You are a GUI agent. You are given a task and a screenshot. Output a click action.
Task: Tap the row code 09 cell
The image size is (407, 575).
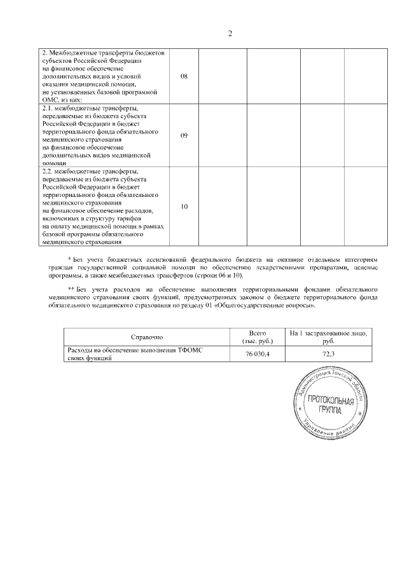point(184,135)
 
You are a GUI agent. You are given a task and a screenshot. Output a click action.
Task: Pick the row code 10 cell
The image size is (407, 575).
point(184,206)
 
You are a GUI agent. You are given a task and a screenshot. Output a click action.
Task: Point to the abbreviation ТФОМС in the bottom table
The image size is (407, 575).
point(196,350)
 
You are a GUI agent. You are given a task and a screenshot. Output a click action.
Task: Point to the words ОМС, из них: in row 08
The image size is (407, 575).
point(61,100)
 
